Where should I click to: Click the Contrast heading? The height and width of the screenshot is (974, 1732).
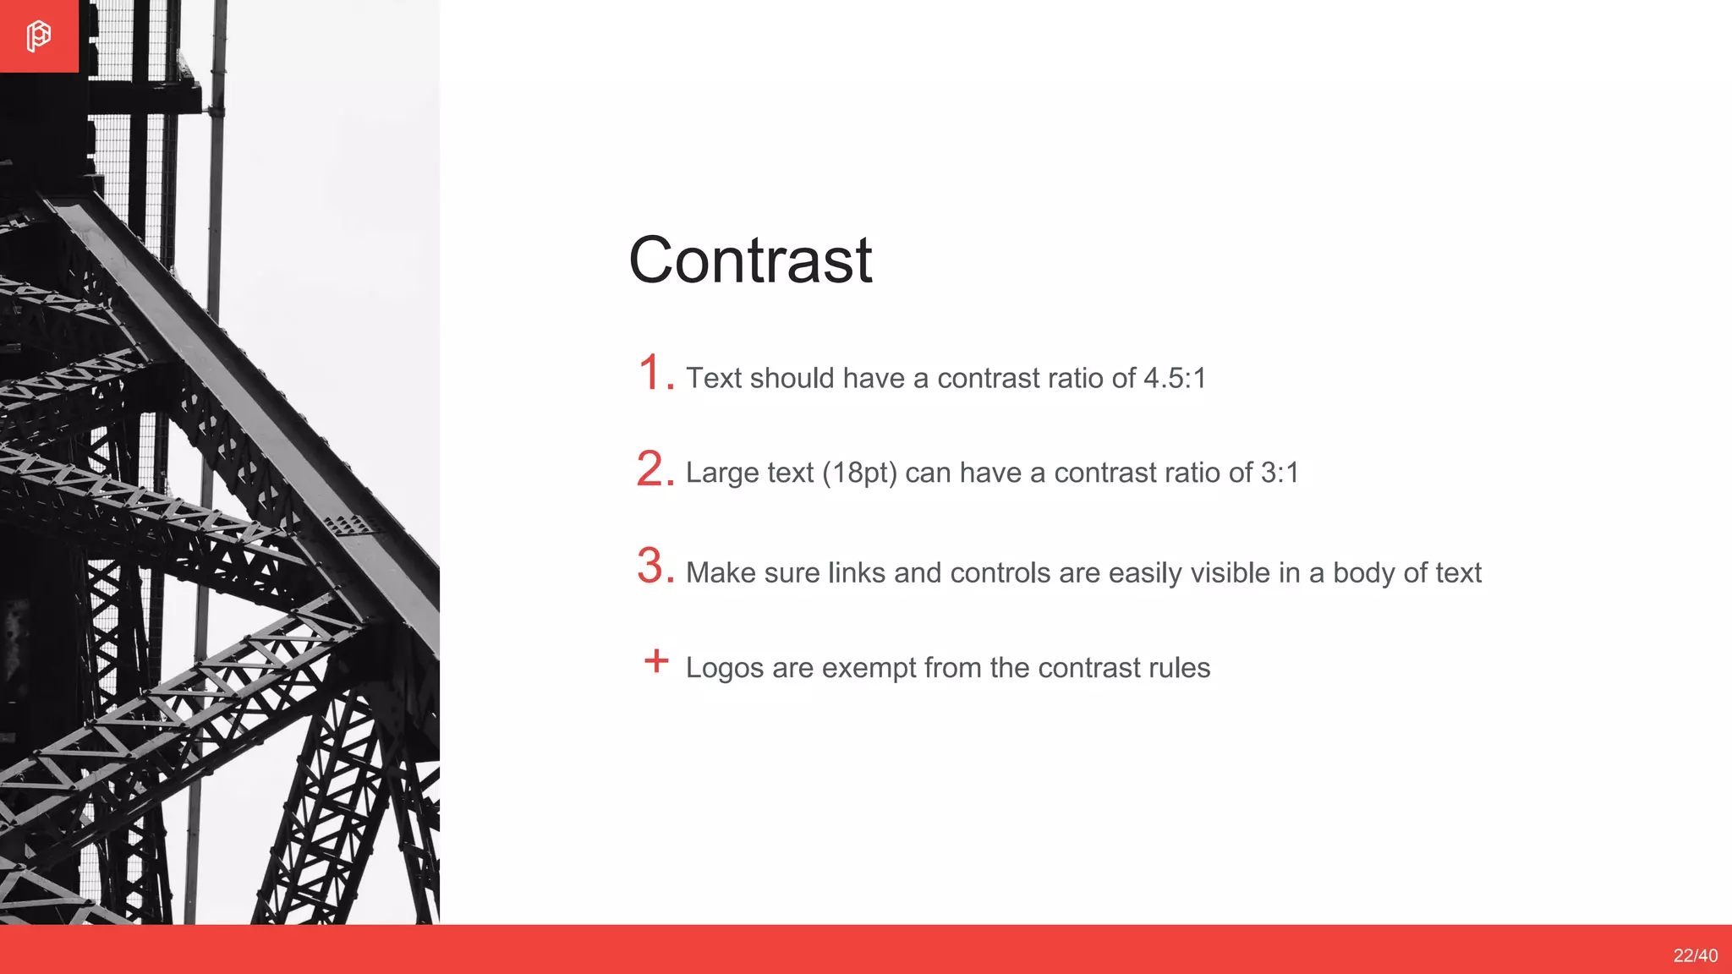coord(750,260)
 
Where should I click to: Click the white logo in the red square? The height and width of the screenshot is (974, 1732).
coord(38,36)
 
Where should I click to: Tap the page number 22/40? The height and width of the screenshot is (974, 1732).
coord(1695,955)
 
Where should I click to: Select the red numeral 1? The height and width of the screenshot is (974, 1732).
coord(651,373)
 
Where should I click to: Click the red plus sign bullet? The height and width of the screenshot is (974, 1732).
coord(656,660)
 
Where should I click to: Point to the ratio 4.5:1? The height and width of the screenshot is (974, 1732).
coord(1175,378)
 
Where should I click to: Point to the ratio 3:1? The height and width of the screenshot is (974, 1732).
coord(1280,473)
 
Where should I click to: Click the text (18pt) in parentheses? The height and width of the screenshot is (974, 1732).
coord(859,473)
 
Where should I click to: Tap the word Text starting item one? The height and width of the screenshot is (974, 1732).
coord(713,378)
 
